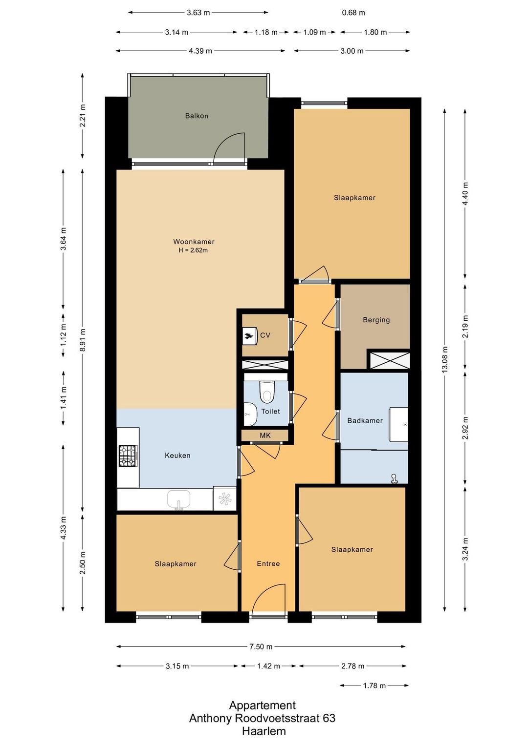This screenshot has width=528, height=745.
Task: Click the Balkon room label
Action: pos(197,116)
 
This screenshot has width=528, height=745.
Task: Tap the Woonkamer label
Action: pos(194,242)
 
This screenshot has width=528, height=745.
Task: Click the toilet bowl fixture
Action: pos(266,392)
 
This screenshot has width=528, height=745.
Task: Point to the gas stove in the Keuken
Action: pos(128,456)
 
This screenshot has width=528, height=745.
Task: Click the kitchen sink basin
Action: pos(178,500)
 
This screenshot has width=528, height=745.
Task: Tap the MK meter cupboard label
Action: pos(265,435)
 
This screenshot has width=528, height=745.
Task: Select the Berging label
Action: pos(376,320)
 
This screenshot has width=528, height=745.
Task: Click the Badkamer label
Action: pos(365,421)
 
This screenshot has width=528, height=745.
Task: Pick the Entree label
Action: pos(268,564)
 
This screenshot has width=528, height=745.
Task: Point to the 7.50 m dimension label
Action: pos(262,646)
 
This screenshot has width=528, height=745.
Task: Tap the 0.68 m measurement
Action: pos(353,13)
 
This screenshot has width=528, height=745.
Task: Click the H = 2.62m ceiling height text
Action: pos(193,250)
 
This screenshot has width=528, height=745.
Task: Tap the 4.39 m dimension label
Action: pos(200,51)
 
